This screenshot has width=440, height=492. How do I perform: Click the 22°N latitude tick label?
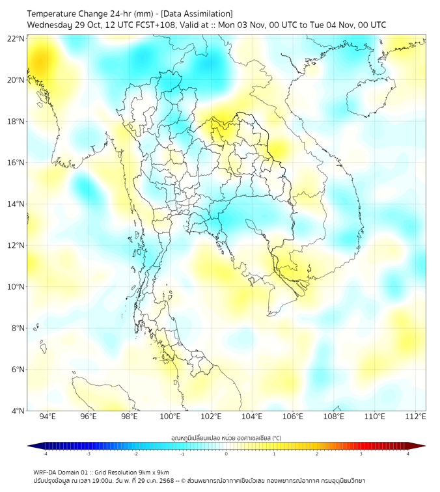[x=16, y=38]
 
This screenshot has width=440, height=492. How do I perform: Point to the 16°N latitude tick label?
[x=16, y=163]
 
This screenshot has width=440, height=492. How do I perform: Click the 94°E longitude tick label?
[x=48, y=417]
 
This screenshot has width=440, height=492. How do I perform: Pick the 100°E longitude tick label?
[x=171, y=417]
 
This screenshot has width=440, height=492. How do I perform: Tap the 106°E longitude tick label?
[x=293, y=417]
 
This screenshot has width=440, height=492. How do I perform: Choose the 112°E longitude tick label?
[x=416, y=417]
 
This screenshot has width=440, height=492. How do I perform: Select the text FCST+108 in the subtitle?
[x=152, y=25]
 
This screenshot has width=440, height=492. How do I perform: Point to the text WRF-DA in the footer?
[x=45, y=472]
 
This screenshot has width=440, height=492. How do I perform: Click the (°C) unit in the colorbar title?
[x=275, y=437]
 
